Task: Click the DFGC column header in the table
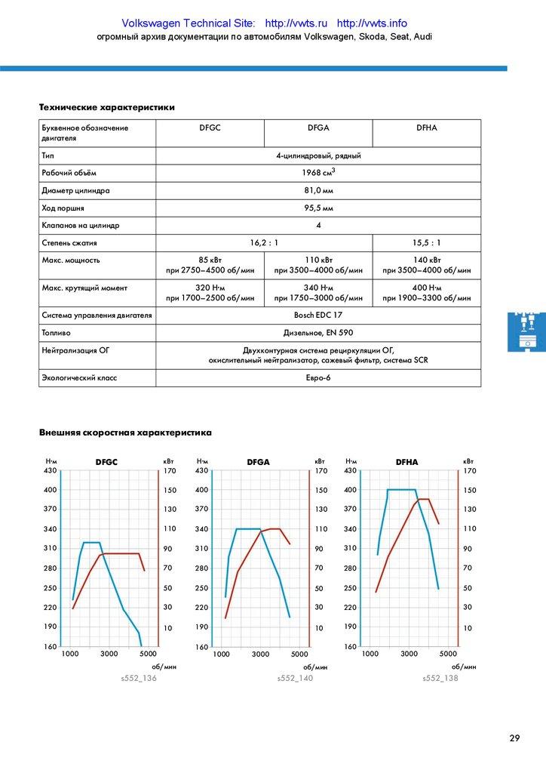(210, 128)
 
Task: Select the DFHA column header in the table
(426, 128)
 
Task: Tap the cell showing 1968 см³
(318, 174)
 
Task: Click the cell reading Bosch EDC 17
(318, 315)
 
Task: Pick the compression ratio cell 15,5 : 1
(426, 243)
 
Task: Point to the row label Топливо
(57, 332)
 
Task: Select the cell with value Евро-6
(318, 377)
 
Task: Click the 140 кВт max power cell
(426, 265)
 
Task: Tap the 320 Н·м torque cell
(210, 293)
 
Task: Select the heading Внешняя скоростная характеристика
(125, 433)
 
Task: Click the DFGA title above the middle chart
(258, 462)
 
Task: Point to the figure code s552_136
(139, 678)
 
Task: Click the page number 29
(514, 738)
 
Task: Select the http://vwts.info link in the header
(372, 24)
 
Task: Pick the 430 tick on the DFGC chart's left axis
(51, 471)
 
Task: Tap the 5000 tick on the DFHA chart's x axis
(448, 654)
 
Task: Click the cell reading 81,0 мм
(318, 191)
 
